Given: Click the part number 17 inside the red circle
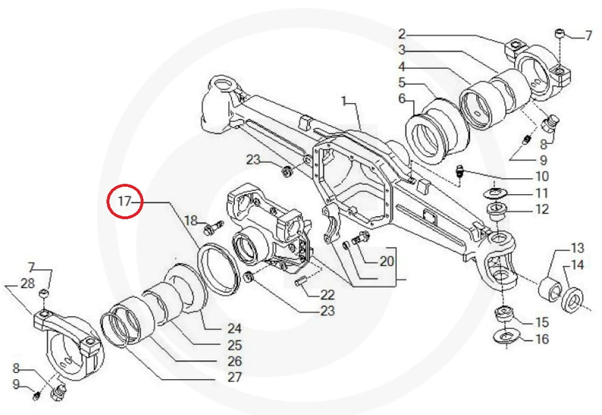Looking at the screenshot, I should coord(125,201).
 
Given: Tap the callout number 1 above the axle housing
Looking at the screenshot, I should coord(344,101).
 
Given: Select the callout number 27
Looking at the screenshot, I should coord(234,377).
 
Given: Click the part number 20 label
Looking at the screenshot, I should coord(387,261).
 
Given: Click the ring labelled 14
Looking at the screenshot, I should coord(571,298).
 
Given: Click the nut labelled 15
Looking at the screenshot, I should coord(505,313).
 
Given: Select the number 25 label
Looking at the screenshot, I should coord(234,345).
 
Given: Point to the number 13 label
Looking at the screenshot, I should coord(577,248).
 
